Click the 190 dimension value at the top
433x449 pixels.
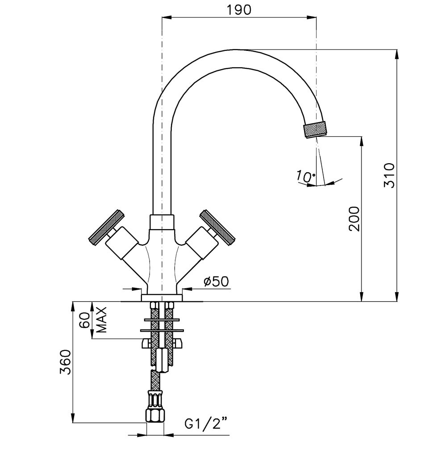(x=239, y=10)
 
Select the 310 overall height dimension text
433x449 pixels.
(x=389, y=175)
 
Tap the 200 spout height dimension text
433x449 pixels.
(x=354, y=218)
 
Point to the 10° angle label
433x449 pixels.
(x=305, y=177)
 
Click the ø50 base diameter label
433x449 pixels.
(x=216, y=281)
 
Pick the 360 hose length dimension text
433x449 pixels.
(x=66, y=362)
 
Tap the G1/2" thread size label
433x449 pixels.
(x=206, y=423)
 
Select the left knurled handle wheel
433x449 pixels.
(x=106, y=227)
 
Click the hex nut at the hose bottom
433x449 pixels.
(x=156, y=416)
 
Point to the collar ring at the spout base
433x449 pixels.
(x=162, y=222)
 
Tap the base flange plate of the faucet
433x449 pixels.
(x=162, y=297)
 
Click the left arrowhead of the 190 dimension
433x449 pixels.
(x=166, y=17)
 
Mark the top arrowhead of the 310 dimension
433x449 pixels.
(x=396, y=53)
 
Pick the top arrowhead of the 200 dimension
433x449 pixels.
(x=361, y=140)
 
